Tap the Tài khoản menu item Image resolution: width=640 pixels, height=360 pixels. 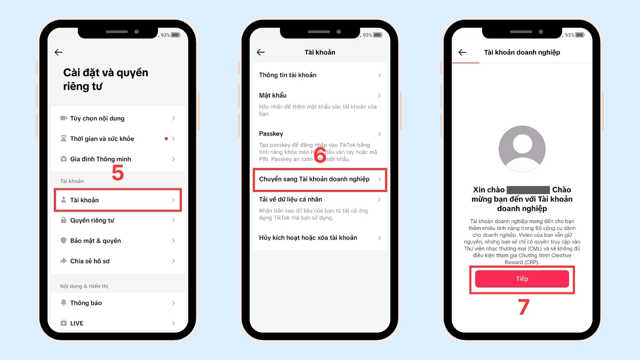pyautogui.click(x=117, y=200)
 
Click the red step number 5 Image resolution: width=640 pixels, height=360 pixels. pyautogui.click(x=117, y=173)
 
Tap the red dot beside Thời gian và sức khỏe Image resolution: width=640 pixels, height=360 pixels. pyautogui.click(x=166, y=139)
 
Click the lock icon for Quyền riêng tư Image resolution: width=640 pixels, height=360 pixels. pyautogui.click(x=63, y=220)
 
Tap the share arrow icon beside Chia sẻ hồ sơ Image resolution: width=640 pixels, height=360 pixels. pyautogui.click(x=63, y=261)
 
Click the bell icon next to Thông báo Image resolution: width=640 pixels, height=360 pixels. pyautogui.click(x=63, y=303)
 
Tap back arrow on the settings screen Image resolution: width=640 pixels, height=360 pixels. pyautogui.click(x=59, y=52)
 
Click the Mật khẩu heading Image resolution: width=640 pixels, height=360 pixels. pyautogui.click(x=273, y=95)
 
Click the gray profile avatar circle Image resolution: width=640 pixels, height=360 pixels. pyautogui.click(x=522, y=149)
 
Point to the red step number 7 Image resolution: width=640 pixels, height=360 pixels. pyautogui.click(x=524, y=308)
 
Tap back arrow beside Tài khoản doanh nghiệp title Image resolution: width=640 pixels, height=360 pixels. pyautogui.click(x=462, y=52)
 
